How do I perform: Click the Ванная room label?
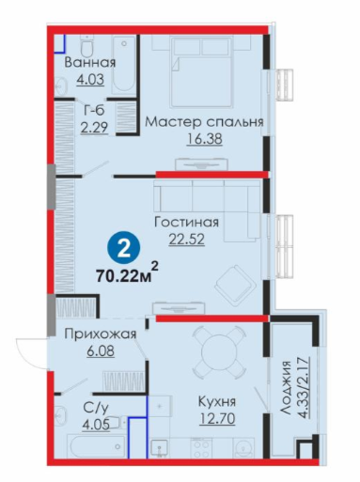pyautogui.click(x=90, y=63)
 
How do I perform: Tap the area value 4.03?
pyautogui.click(x=90, y=79)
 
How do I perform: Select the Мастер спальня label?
pyautogui.click(x=204, y=122)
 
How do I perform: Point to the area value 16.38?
pyautogui.click(x=204, y=139)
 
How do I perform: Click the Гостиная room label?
pyautogui.click(x=187, y=223)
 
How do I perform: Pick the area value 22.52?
pyautogui.click(x=187, y=240)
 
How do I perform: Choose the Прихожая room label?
pyautogui.click(x=101, y=334)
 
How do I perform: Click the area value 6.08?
pyautogui.click(x=101, y=350)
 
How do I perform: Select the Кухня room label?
pyautogui.click(x=217, y=402)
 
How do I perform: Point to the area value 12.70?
pyautogui.click(x=217, y=419)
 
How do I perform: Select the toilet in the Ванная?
pyautogui.click(x=87, y=46)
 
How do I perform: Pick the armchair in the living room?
pyautogui.click(x=235, y=286)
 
